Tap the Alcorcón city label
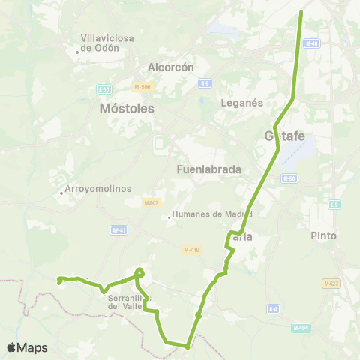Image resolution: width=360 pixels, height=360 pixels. click(x=171, y=67)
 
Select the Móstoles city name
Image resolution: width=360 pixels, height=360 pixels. click(x=127, y=108)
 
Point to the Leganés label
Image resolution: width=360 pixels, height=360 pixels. click(x=241, y=102)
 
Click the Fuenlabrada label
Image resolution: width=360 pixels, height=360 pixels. click(x=208, y=169)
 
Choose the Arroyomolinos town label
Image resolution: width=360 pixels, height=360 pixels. click(x=99, y=189)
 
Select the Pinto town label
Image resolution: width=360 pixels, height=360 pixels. click(x=324, y=235)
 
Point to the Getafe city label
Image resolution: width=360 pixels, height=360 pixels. click(x=284, y=136)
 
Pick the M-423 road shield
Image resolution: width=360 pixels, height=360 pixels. click(x=330, y=283)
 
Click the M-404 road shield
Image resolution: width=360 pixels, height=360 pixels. click(x=301, y=327)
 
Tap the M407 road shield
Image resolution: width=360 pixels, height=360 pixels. click(x=151, y=202)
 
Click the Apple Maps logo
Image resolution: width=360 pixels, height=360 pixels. click(x=27, y=347)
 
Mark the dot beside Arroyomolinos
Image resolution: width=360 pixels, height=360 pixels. click(x=61, y=192)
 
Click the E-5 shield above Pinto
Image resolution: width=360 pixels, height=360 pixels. click(x=334, y=205)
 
